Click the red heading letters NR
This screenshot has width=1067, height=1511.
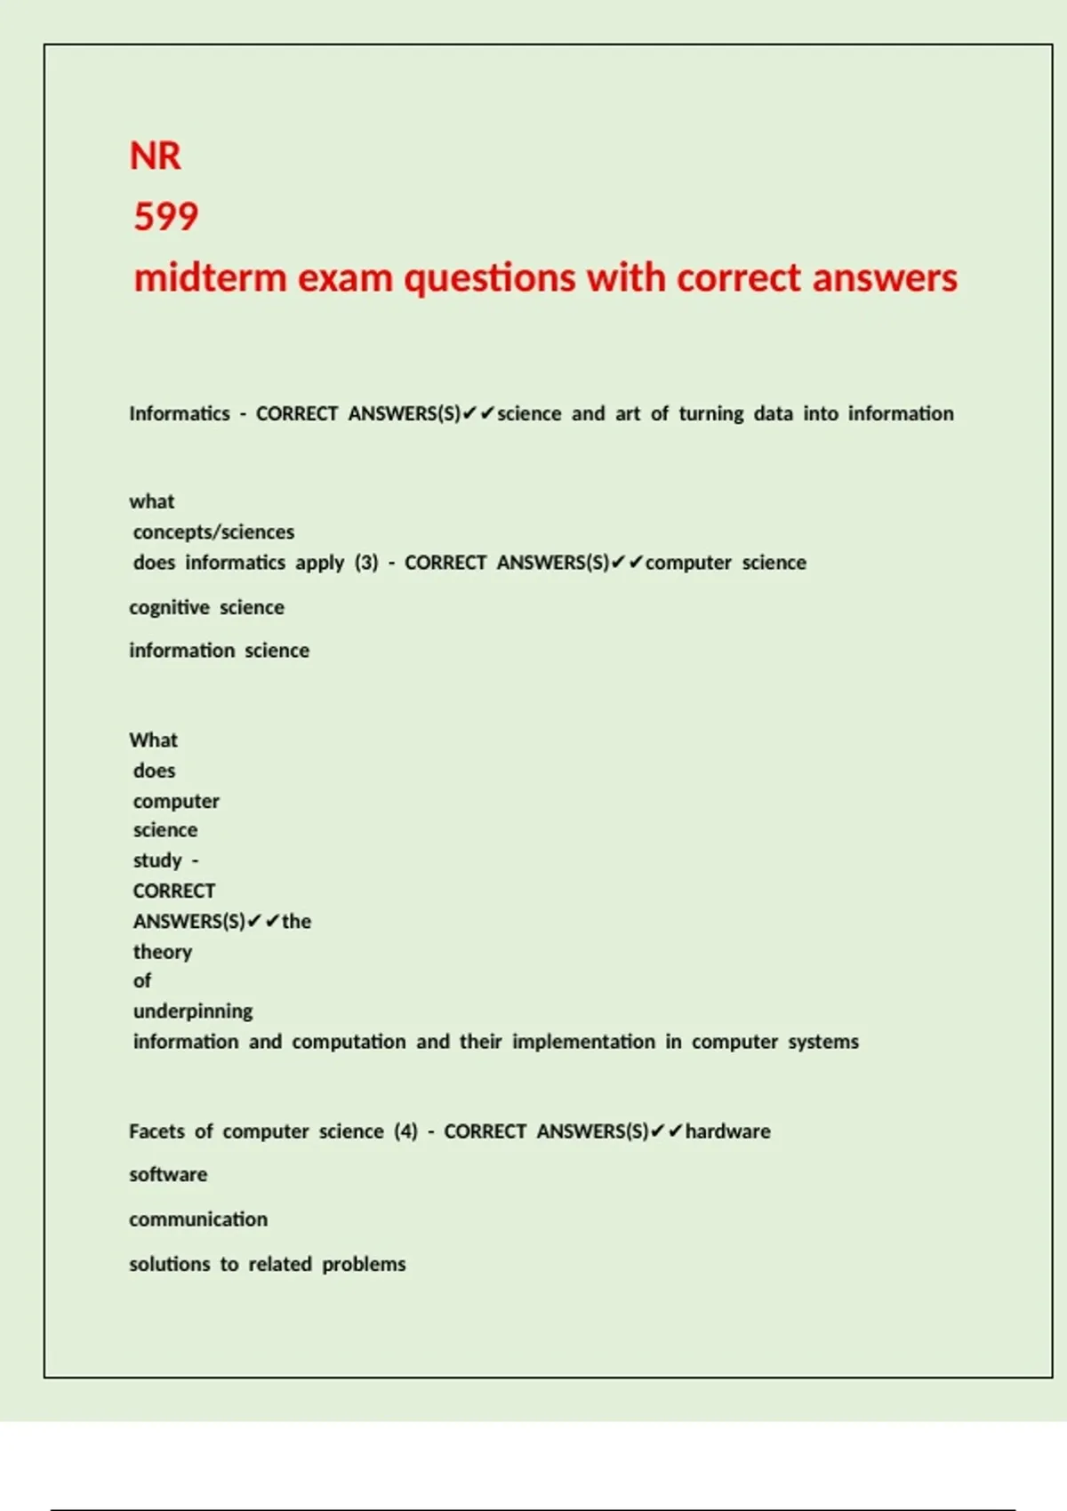(x=156, y=156)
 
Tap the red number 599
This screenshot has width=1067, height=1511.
(x=166, y=217)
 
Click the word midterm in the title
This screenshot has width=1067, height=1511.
(x=210, y=278)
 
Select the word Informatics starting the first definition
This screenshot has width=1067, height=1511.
(x=180, y=414)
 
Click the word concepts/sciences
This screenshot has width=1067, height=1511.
(x=213, y=532)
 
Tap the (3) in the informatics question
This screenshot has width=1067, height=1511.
(x=366, y=563)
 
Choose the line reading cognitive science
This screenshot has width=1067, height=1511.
(x=206, y=608)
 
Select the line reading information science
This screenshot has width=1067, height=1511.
(x=219, y=651)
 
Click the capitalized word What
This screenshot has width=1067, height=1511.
(x=153, y=740)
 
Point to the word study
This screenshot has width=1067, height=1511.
(x=157, y=860)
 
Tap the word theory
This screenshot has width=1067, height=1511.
(x=163, y=952)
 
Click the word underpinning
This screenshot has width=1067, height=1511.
(x=193, y=1011)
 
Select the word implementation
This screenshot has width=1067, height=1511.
(x=583, y=1042)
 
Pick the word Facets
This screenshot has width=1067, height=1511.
(x=156, y=1131)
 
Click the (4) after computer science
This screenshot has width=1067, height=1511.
(x=405, y=1131)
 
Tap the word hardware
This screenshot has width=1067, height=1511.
(x=727, y=1131)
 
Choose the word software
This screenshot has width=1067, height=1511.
(x=168, y=1175)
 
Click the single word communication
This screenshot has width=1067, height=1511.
(x=198, y=1219)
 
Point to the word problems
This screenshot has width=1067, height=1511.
(x=364, y=1265)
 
